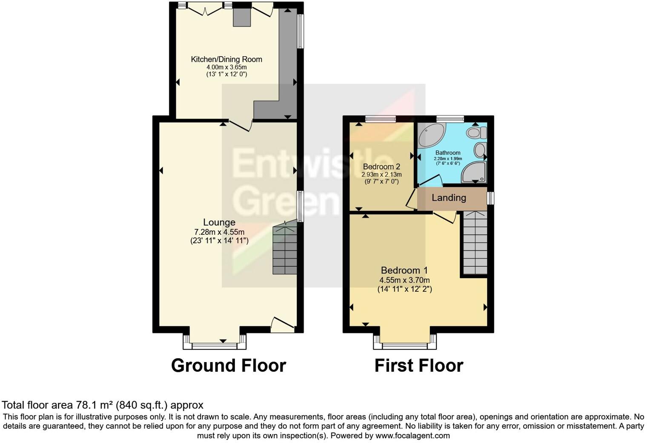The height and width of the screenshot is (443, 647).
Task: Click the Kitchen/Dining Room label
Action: click(x=226, y=60)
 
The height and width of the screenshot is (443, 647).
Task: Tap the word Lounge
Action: click(x=219, y=222)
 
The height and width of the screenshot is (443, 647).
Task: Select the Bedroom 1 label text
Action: click(x=404, y=270)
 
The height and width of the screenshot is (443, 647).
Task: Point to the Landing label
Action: click(x=449, y=198)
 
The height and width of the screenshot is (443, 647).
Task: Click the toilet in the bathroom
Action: click(x=476, y=132)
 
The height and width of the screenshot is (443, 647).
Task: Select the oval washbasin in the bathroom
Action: click(x=479, y=150)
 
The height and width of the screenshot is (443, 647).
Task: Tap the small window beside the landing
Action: click(x=490, y=198)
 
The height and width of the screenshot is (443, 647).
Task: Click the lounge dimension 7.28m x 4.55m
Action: click(x=219, y=232)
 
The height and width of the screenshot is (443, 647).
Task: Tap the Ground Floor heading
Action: click(x=228, y=366)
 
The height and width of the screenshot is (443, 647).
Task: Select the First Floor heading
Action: click(x=418, y=366)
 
